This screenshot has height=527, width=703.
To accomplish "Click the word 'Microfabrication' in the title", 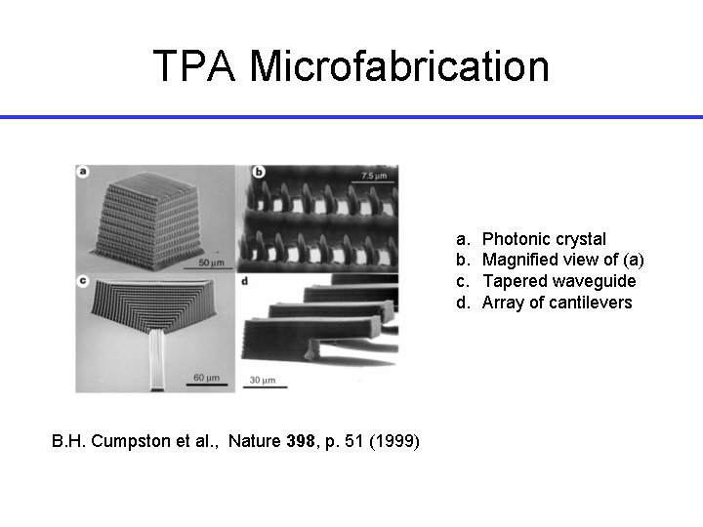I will pos(399,66).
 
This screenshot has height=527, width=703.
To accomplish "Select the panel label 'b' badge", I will pos(260,173).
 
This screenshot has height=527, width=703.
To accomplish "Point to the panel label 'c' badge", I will pos(84,281).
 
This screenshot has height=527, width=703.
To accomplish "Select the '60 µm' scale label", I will pos(206,377).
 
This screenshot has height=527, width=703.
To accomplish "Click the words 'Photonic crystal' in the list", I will pos(544,239).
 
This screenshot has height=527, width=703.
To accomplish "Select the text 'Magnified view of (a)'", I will pos(563,260).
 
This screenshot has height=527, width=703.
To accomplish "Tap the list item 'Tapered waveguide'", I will pos(558,281).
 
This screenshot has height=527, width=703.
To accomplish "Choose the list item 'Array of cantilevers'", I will pos(557,303).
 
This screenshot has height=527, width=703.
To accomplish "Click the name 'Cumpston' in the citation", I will pos(115,442).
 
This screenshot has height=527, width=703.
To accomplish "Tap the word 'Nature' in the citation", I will pos(254,442).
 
